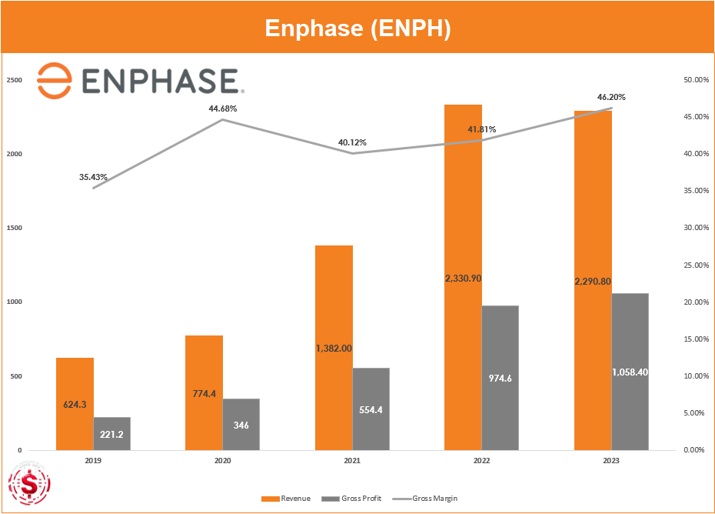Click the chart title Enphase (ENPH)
coord(357,28)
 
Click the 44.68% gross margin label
coord(223,108)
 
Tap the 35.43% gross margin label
coord(93,177)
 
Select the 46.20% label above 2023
coord(611,97)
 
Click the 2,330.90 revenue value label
coord(463,278)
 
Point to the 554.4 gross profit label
coord(371,409)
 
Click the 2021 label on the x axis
coord(352,460)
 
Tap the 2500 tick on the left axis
coord(15,80)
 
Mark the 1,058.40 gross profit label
coord(630,372)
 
